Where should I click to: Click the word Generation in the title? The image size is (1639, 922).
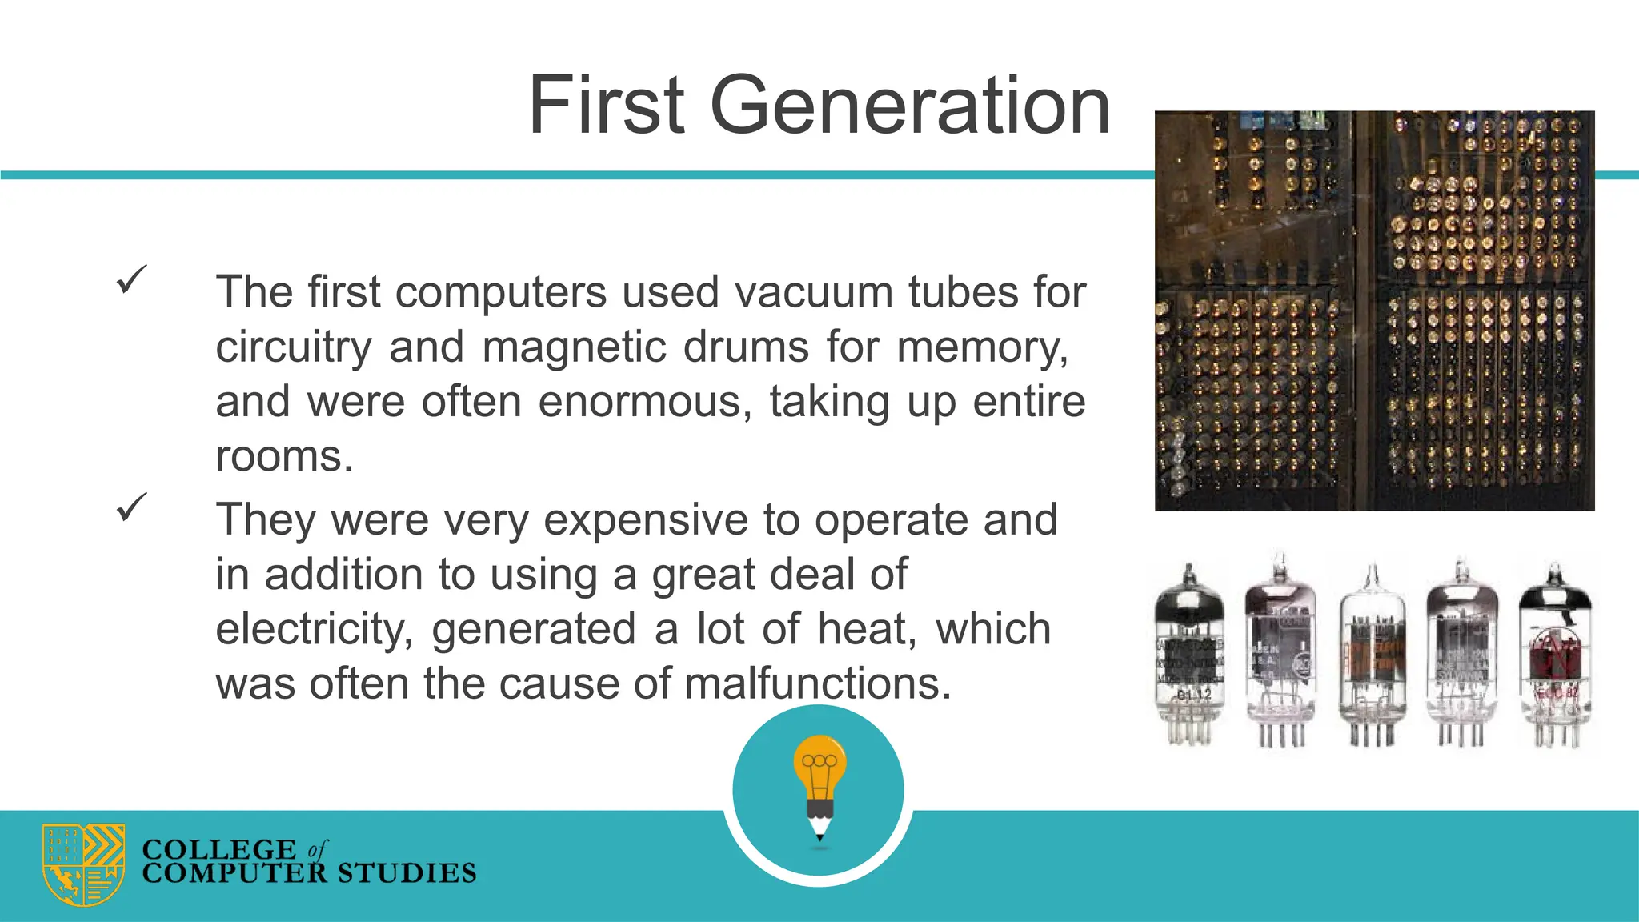click(910, 106)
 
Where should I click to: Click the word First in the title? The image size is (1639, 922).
click(607, 106)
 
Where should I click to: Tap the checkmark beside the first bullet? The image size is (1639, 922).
click(131, 279)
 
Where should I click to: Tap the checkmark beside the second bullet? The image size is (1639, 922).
click(131, 507)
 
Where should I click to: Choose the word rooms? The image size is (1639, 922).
click(284, 457)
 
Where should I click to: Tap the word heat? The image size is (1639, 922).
click(867, 629)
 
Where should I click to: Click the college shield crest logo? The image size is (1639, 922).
click(83, 864)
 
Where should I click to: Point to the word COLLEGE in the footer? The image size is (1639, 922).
click(219, 849)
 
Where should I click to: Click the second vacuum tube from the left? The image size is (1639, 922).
click(1280, 652)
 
